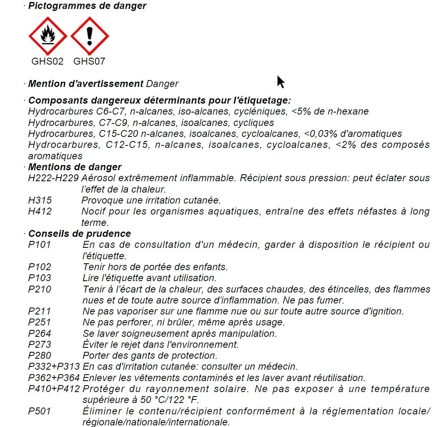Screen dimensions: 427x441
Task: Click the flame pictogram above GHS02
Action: (48, 36)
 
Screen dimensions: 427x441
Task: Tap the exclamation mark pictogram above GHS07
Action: (90, 36)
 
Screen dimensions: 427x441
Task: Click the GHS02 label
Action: (47, 61)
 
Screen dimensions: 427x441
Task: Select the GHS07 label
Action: (89, 61)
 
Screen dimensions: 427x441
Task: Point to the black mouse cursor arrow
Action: (280, 81)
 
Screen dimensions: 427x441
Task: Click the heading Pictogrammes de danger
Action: (87, 6)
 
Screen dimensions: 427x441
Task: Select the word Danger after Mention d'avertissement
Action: (162, 84)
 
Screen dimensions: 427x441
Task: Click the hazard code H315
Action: (40, 200)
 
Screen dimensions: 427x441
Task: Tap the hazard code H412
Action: (40, 211)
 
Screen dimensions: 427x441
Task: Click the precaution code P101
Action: (39, 245)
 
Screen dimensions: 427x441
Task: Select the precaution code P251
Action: (39, 322)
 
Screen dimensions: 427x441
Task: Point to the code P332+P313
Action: (54, 366)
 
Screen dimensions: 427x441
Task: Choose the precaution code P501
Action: (39, 411)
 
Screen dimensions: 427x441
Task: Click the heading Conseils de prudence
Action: (80, 234)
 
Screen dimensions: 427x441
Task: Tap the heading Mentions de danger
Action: (75, 167)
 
